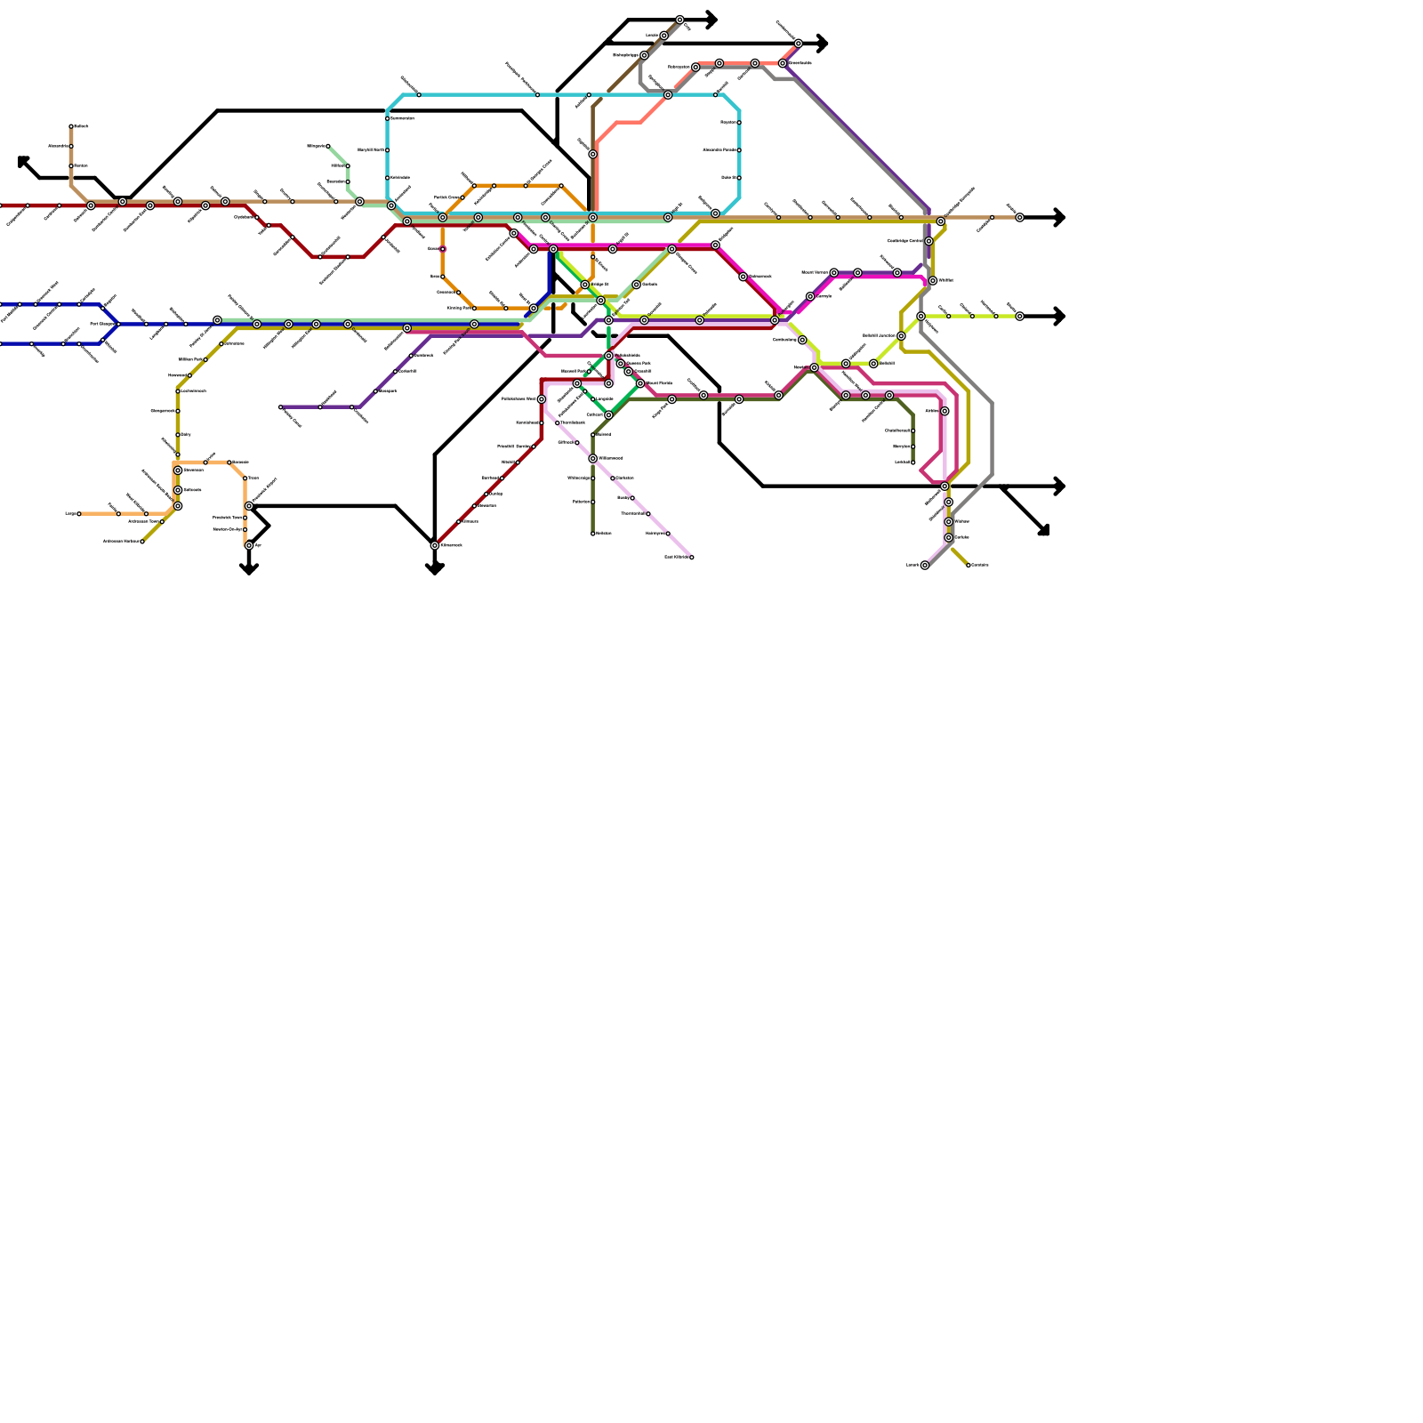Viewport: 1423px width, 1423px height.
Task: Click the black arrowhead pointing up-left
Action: pos(22,161)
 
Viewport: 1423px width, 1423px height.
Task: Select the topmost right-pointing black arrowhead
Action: pos(711,20)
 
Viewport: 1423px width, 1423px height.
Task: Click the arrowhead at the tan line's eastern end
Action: pos(1059,218)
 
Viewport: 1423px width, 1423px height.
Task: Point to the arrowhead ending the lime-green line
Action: pos(1059,317)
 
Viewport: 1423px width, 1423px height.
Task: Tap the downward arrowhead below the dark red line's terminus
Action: pos(435,570)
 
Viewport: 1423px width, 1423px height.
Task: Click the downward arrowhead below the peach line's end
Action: pos(249,569)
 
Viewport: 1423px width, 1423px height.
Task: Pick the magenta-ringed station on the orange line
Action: pos(443,249)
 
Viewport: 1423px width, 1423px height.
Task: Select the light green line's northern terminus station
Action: pos(328,146)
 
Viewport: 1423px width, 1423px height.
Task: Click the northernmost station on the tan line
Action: pos(71,126)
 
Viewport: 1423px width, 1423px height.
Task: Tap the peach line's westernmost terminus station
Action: pos(78,514)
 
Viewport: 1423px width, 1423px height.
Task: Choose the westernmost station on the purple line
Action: pos(280,407)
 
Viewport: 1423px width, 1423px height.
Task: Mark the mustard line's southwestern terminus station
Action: pos(142,542)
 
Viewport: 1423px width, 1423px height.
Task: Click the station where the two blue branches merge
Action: pos(118,324)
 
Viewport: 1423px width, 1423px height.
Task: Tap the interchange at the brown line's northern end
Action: pos(679,20)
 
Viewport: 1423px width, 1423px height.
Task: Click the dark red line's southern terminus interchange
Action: pos(435,545)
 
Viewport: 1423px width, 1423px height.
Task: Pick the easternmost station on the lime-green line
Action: pos(1019,317)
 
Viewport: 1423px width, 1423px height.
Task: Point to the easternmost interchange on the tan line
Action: pos(1019,218)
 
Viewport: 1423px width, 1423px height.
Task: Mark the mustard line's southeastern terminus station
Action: pos(969,566)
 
